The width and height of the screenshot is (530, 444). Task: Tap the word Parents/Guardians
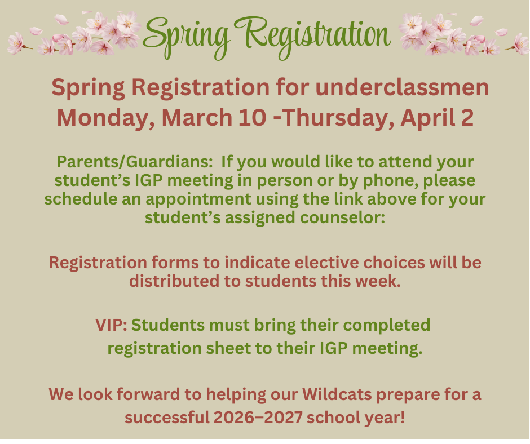[135, 162]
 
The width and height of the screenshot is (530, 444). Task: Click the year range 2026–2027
[266, 419]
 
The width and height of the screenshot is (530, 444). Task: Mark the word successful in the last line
[163, 419]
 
